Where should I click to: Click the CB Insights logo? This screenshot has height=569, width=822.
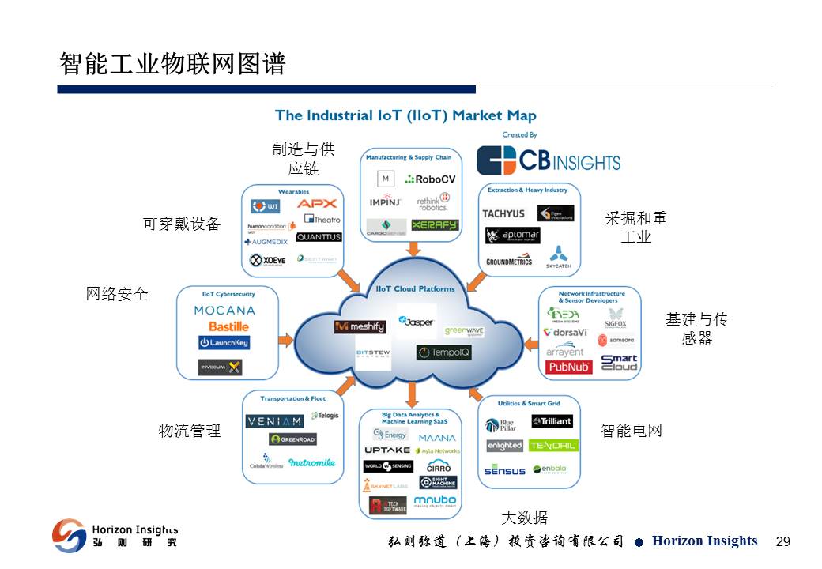pos(548,160)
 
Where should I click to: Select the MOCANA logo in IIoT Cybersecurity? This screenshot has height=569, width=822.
pos(224,311)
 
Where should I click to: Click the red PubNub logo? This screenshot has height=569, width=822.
pos(569,367)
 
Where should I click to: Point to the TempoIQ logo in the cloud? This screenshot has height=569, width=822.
pos(443,352)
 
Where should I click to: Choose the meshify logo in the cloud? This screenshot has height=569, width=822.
pos(360,326)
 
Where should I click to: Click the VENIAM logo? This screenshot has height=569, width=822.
pos(273,421)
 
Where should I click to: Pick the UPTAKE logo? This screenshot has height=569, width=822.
pos(387,450)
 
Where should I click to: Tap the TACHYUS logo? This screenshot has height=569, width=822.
pos(503,213)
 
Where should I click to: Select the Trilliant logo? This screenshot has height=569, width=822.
pos(552,421)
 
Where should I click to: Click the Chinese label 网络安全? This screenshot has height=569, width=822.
pos(117,294)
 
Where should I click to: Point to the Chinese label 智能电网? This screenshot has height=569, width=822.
pos(631,431)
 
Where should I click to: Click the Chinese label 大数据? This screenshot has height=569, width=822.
pos(524,518)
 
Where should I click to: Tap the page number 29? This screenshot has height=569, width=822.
pos(783,541)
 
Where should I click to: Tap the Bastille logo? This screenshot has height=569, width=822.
pos(228,326)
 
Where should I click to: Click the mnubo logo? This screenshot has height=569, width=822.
pos(434,500)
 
